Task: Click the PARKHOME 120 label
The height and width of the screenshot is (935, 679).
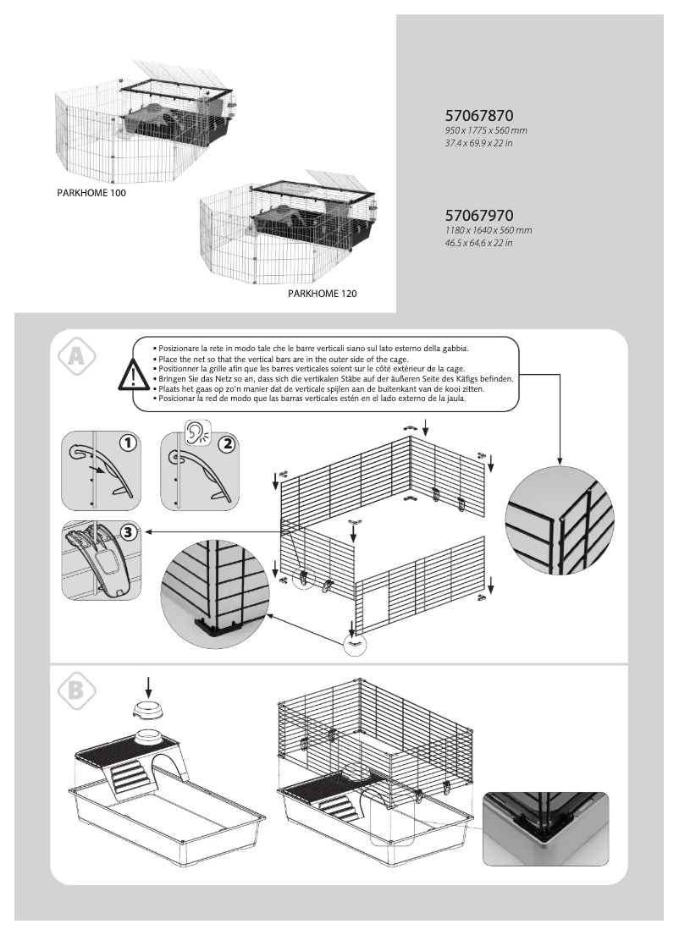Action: [x=323, y=294]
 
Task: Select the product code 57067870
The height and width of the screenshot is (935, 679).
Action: [x=480, y=115]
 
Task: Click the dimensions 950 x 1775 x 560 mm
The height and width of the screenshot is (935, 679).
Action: [x=485, y=131]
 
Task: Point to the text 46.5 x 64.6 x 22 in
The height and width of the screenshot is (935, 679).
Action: [x=479, y=243]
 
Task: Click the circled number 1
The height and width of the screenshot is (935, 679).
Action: [x=128, y=443]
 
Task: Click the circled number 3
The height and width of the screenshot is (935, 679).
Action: [x=128, y=533]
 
